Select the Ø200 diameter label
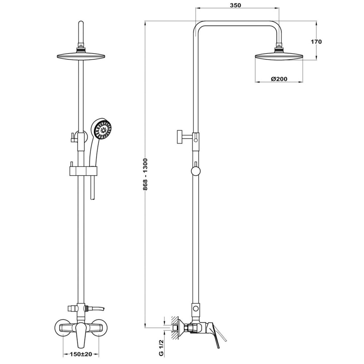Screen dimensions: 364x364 tap(279, 79)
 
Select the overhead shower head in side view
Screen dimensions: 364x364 tap(279, 56)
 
